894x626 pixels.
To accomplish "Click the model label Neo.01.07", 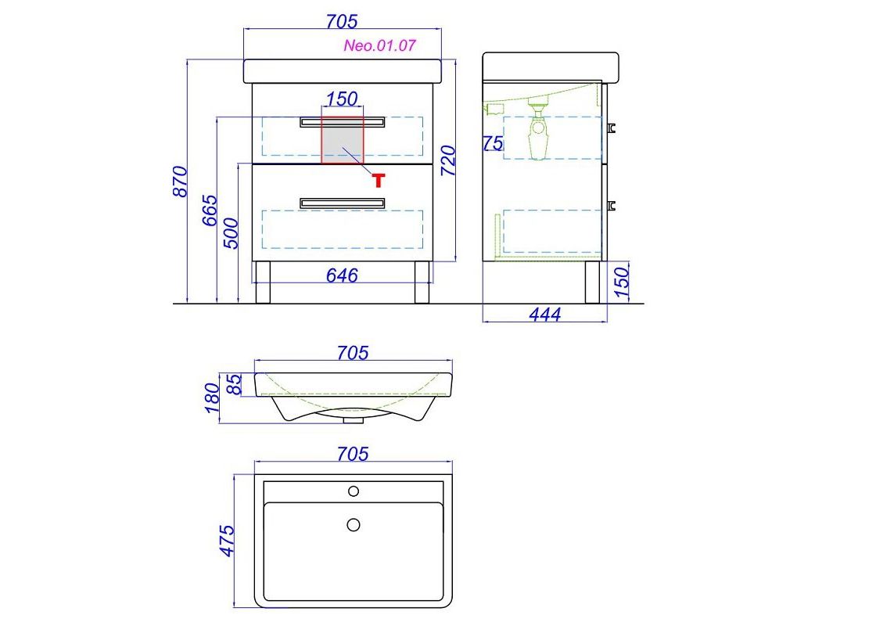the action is click(x=379, y=45).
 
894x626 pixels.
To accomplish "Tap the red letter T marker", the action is click(x=379, y=180).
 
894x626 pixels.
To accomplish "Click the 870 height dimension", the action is click(x=180, y=182).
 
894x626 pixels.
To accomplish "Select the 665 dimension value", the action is click(x=210, y=210).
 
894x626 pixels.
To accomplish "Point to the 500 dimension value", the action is click(x=231, y=233).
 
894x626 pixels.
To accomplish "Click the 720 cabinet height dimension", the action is click(x=448, y=161).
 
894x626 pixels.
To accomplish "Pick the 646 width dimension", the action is click(x=342, y=275).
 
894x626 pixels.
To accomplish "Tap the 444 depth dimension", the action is click(x=545, y=315).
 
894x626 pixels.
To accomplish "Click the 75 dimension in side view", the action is click(x=494, y=143).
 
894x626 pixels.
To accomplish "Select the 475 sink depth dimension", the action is click(x=227, y=541).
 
